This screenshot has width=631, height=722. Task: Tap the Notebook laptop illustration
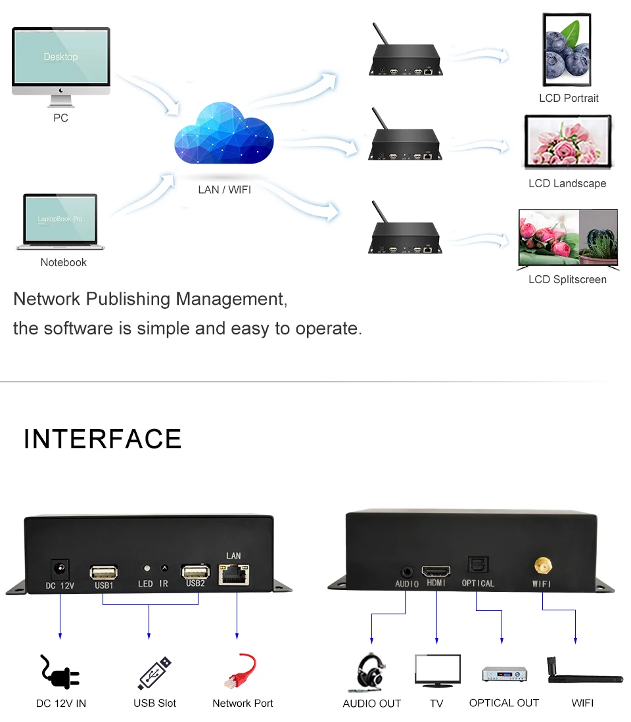pos(60,222)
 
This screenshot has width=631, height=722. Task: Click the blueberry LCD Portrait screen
pos(569,50)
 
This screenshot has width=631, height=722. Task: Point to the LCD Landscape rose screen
pos(568,143)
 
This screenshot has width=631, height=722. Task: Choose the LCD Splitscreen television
pos(569,238)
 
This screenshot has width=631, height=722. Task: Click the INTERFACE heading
pos(103,439)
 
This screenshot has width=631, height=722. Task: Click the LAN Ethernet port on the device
pos(234,575)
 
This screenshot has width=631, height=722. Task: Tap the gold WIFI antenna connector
pos(542,566)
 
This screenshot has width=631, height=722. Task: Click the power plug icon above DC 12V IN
pos(60,672)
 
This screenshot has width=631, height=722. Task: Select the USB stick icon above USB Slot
pos(155,673)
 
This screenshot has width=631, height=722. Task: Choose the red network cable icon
pos(241,671)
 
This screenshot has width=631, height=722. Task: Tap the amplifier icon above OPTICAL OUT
pos(504,673)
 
